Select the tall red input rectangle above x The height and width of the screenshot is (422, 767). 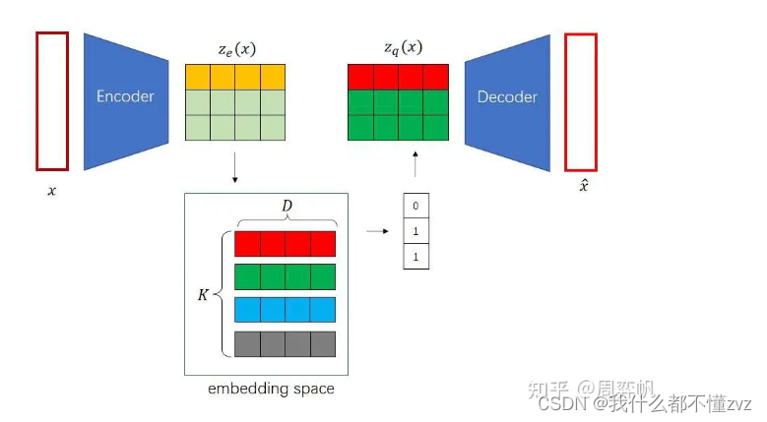(x=52, y=101)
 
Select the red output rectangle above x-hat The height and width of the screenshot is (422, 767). (x=581, y=102)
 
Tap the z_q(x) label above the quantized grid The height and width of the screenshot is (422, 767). (x=403, y=47)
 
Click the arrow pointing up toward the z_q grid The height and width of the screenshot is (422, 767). (x=415, y=163)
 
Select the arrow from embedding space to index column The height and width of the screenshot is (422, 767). (x=375, y=231)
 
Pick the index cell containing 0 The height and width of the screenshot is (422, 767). (x=416, y=206)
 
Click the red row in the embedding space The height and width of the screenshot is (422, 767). (x=286, y=243)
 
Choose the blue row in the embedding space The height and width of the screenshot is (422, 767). (x=286, y=310)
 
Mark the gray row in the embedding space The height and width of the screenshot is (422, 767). (x=286, y=343)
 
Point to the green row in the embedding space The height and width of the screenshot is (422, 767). (x=286, y=276)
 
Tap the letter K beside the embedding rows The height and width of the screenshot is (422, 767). (x=203, y=293)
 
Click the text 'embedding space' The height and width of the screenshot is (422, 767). (x=271, y=389)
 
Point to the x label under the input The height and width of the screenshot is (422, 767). (x=52, y=190)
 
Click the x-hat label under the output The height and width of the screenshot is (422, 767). (x=583, y=186)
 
